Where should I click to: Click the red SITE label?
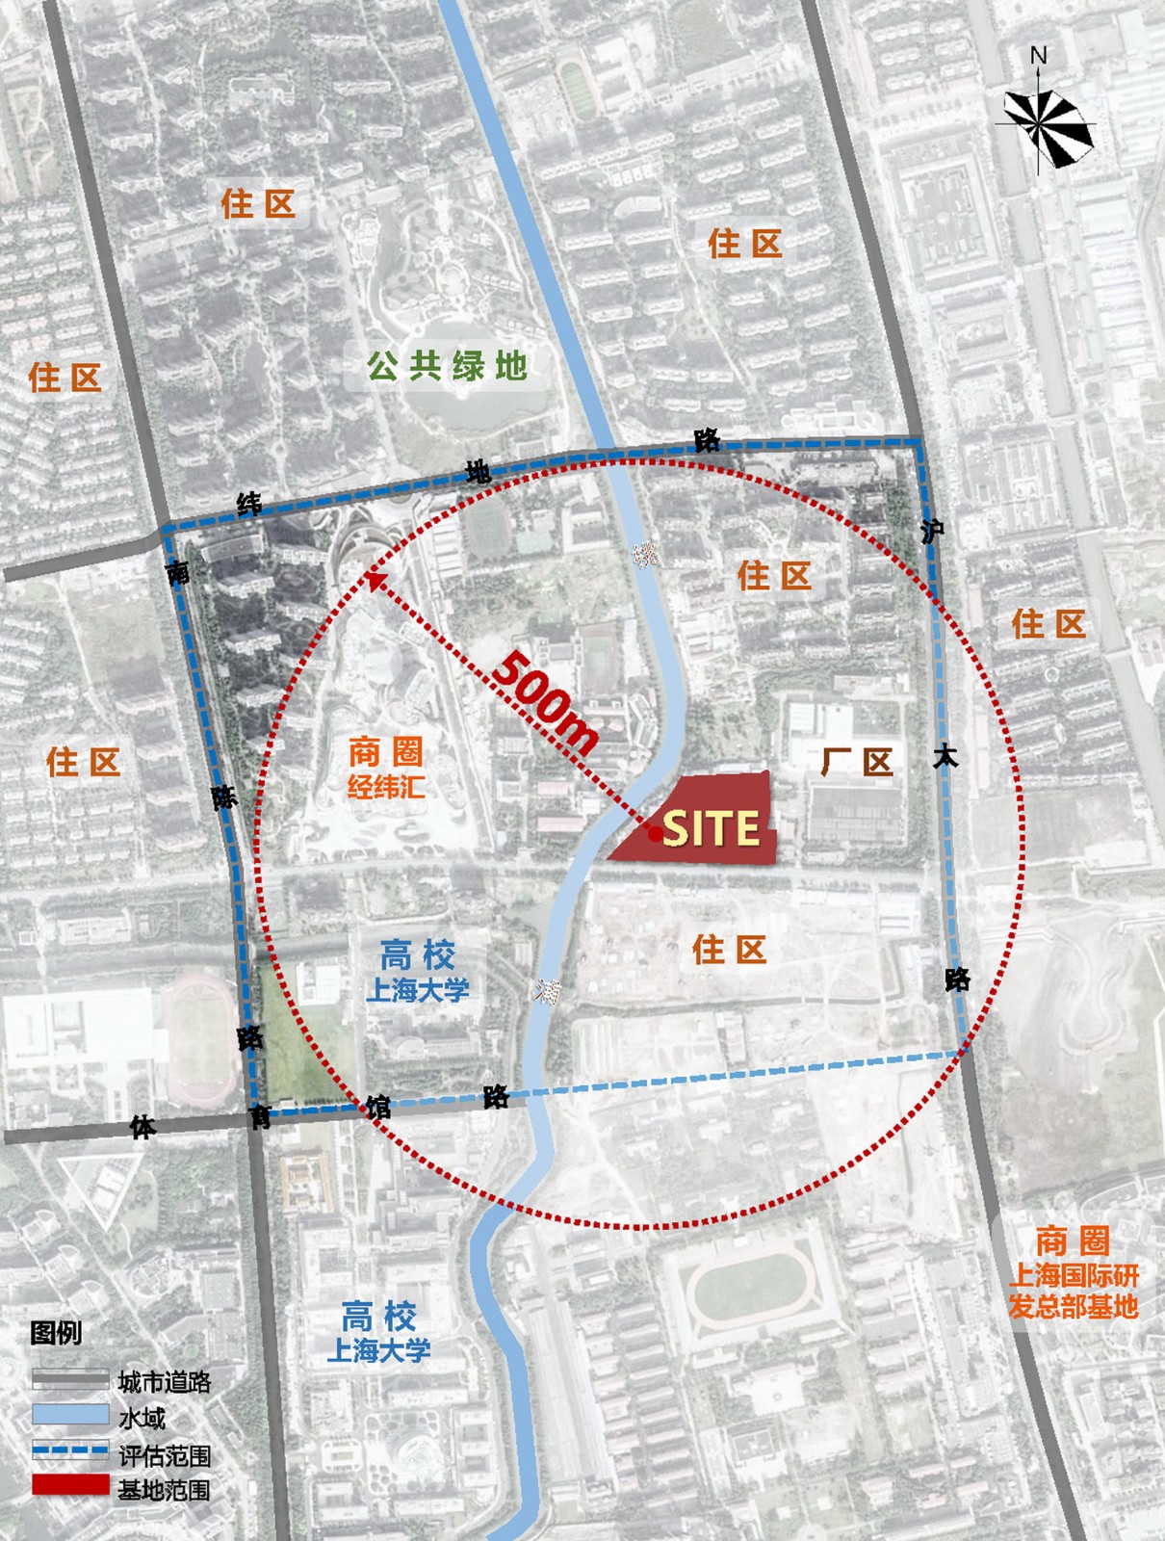(x=711, y=828)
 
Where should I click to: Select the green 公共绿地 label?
(x=447, y=366)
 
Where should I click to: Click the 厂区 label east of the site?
(x=857, y=762)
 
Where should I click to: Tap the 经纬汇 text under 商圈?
(x=386, y=787)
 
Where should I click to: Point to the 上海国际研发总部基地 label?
(x=1073, y=1292)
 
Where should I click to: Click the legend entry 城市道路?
(x=164, y=1382)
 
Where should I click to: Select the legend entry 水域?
(x=142, y=1418)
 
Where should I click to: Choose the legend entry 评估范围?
(x=164, y=1454)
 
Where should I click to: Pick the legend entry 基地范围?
(x=164, y=1490)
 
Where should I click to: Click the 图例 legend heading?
(x=56, y=1333)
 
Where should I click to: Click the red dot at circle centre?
(x=655, y=835)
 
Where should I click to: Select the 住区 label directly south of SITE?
(x=729, y=951)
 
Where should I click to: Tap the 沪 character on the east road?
(x=931, y=531)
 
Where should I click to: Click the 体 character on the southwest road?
(x=142, y=1127)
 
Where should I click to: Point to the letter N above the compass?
(x=1038, y=56)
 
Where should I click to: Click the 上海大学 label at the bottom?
(x=378, y=1350)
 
